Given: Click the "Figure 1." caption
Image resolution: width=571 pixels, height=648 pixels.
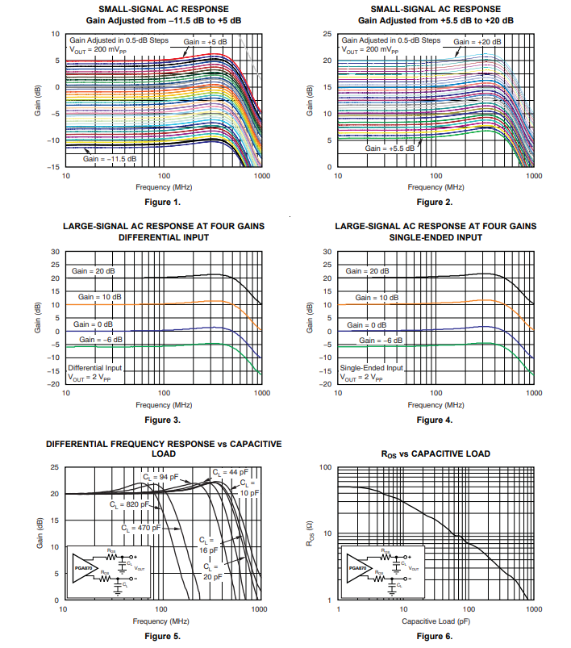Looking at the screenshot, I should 162,202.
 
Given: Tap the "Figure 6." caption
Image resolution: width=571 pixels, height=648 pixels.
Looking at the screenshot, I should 435,636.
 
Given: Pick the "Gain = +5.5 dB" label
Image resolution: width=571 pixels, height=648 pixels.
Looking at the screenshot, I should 389,148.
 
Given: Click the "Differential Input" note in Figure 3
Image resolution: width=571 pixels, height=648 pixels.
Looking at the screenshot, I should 94,368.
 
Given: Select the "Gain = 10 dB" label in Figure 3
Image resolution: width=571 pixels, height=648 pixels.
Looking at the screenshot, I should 100,297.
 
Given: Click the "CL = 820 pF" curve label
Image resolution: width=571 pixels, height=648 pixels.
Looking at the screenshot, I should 130,504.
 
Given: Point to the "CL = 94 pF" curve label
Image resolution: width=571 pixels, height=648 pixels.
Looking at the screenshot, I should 160,477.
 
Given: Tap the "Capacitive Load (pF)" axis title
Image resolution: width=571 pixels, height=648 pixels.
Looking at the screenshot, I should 435,621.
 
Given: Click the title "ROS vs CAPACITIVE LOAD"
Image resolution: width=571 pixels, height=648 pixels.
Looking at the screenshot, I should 435,454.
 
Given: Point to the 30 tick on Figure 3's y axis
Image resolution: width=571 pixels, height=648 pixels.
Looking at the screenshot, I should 56,252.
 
